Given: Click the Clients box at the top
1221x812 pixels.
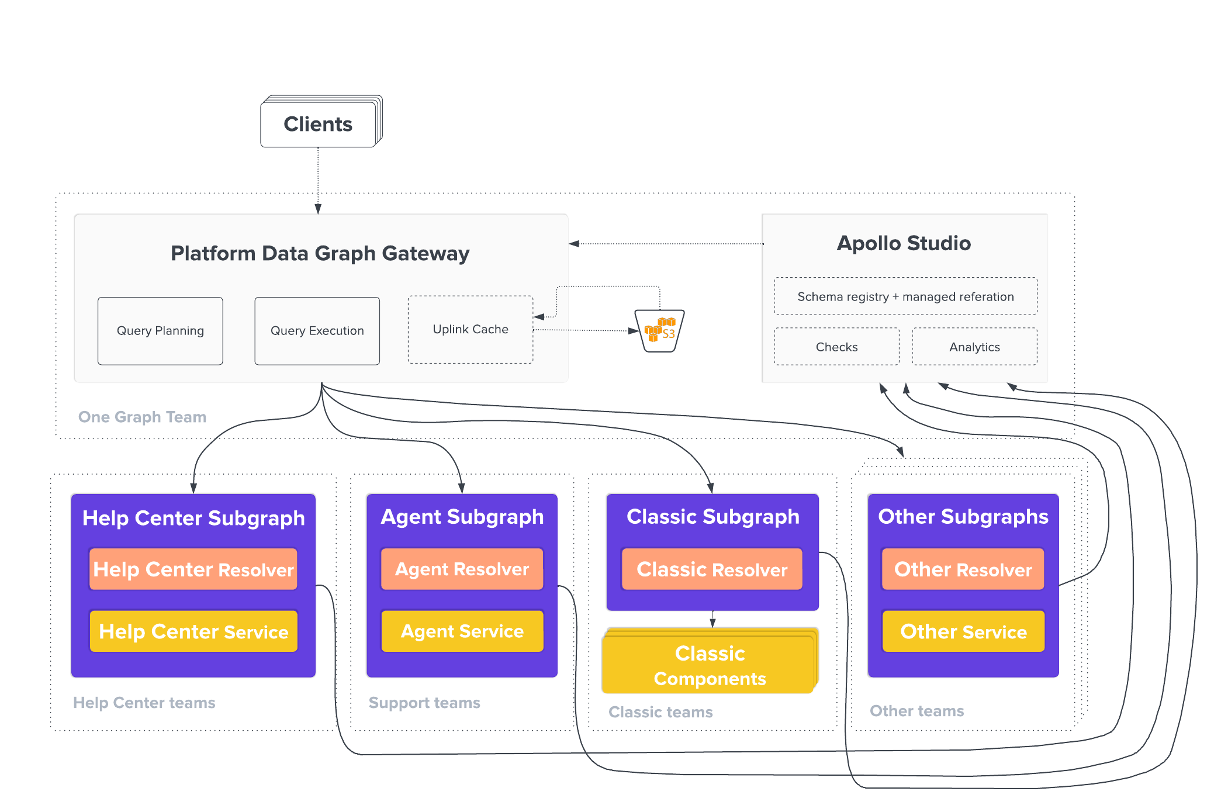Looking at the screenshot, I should [x=319, y=124].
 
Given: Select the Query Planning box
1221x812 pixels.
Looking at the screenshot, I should [x=160, y=331].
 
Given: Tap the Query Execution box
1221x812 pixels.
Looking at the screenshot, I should [x=317, y=331].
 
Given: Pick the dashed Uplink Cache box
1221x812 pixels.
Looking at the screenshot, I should [x=471, y=330].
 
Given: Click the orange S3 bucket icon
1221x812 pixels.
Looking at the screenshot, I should [x=660, y=331].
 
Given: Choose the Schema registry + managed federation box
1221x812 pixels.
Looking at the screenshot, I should [x=905, y=296].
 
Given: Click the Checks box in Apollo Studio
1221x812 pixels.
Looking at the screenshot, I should [x=836, y=347].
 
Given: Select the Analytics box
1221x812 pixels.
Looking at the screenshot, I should [x=974, y=347].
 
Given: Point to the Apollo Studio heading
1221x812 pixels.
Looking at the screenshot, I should [x=904, y=243].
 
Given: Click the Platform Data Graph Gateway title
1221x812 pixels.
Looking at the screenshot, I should [x=320, y=253].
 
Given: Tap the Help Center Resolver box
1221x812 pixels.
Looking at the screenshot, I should [x=193, y=569].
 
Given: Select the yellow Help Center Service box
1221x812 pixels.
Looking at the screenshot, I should [x=193, y=631].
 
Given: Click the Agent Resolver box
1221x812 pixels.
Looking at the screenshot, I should [x=462, y=569].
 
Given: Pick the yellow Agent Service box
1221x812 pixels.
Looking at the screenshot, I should [x=462, y=631].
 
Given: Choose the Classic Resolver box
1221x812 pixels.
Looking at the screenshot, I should [x=712, y=569].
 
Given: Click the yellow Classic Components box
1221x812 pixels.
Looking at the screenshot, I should [x=710, y=665].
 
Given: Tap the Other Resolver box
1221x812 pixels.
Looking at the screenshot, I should [x=963, y=569].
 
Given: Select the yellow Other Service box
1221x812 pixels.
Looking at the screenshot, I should [x=963, y=631].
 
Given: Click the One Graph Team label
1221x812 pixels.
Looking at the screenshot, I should [x=142, y=417].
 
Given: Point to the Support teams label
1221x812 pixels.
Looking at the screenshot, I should [x=424, y=703].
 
